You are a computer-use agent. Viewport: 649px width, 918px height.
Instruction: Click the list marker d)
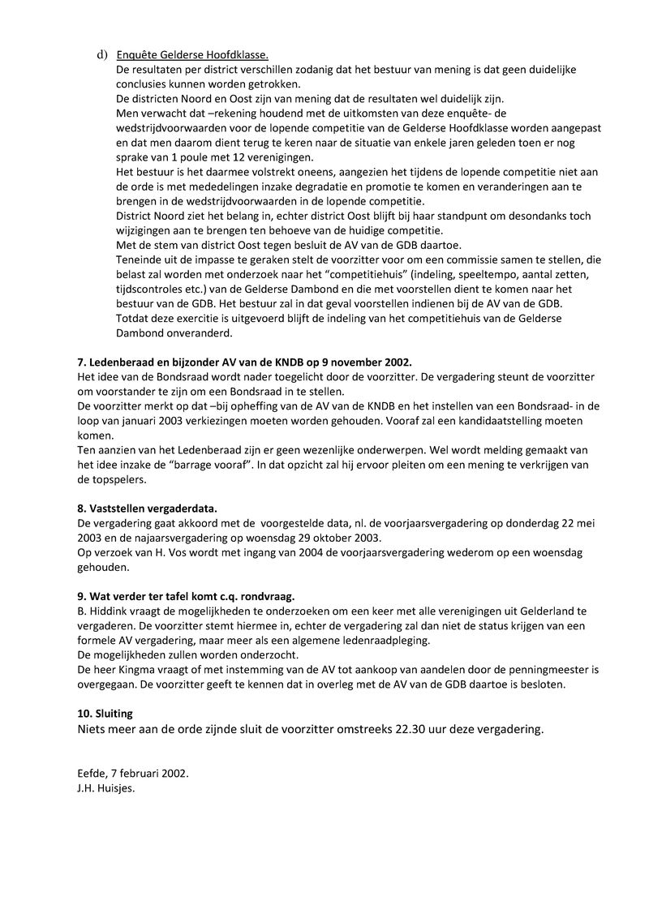[x=102, y=55]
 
